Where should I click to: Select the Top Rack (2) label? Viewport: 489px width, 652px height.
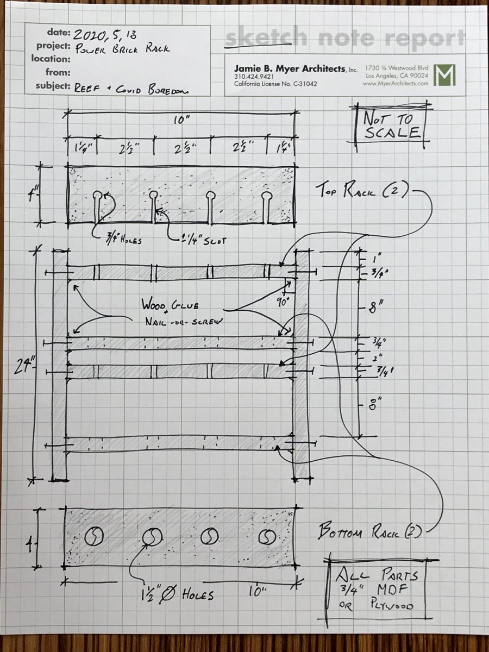tap(362, 191)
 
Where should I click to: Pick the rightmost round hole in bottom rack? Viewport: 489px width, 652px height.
tap(266, 537)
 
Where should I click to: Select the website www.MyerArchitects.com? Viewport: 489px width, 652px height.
tap(397, 84)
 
